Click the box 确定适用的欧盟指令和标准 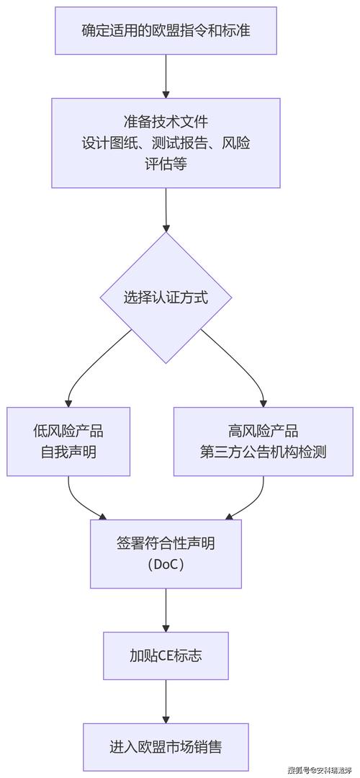[x=166, y=30]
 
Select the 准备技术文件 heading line [x=166, y=120]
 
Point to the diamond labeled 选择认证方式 [x=166, y=297]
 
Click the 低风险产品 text [x=68, y=431]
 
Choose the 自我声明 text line [x=68, y=453]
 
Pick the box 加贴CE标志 [x=166, y=656]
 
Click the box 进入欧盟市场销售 [x=166, y=747]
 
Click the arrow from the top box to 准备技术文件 [x=166, y=76]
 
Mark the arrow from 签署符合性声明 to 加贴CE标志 [x=166, y=610]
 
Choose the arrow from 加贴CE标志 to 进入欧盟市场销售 [x=166, y=701]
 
